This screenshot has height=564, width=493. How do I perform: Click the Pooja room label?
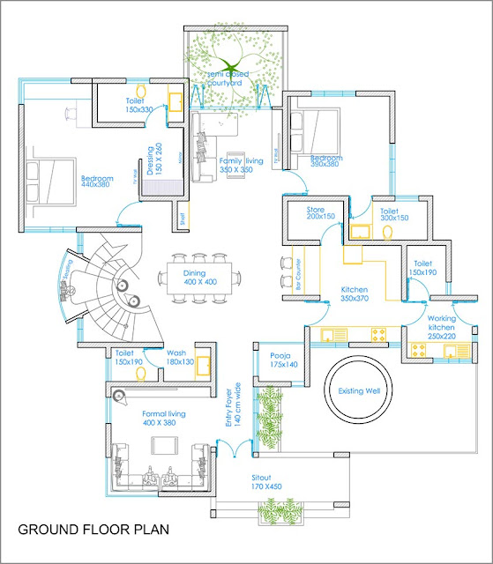[282, 360]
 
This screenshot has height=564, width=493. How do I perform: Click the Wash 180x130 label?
[180, 357]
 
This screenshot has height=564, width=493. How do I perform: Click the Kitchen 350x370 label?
[355, 294]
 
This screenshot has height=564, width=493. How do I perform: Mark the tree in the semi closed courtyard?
[228, 66]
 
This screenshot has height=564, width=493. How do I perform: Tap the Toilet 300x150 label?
[392, 214]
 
